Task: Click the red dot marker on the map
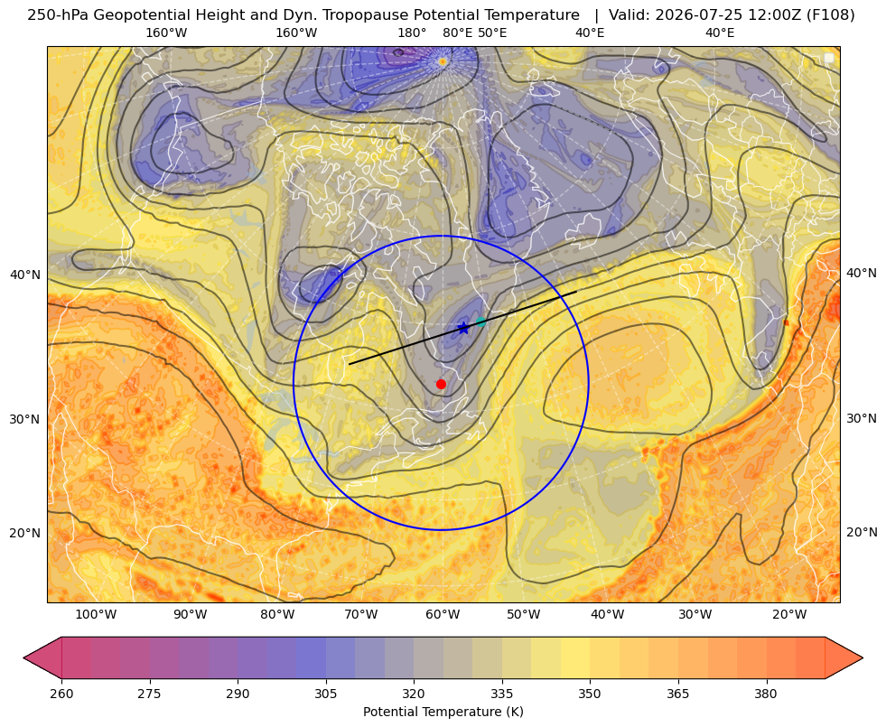(442, 384)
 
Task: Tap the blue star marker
(463, 328)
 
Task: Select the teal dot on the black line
(480, 322)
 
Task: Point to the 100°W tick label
(96, 615)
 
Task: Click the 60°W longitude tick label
(443, 615)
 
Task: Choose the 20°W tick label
(789, 615)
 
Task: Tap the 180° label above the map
(412, 33)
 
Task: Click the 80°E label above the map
(458, 33)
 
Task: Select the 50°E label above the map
(492, 33)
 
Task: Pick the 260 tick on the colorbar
(61, 694)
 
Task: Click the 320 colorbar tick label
(414, 694)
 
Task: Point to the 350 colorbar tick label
(590, 694)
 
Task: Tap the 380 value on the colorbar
(766, 694)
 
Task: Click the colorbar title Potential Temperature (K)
(443, 712)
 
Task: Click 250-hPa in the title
(58, 15)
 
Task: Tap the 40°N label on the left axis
(25, 275)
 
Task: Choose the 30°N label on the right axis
(862, 418)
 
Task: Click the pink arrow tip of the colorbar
(23, 657)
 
